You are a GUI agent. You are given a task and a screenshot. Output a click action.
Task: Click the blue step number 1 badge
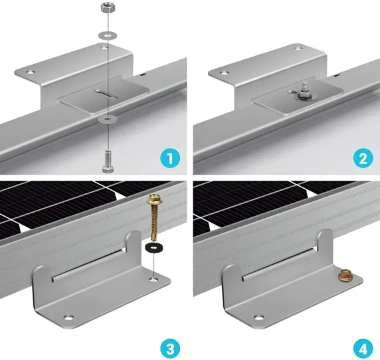(x=171, y=159)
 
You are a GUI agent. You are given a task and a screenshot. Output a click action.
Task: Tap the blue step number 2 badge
(x=363, y=159)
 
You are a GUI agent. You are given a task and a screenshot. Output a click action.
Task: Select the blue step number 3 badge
(x=171, y=349)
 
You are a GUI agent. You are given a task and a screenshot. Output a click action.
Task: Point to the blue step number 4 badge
(x=363, y=349)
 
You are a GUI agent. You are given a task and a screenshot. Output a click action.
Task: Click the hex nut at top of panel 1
(x=108, y=9)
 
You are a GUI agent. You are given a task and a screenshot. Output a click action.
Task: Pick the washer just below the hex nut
(x=107, y=35)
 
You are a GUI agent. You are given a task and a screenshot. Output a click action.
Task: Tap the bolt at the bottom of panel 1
(x=107, y=161)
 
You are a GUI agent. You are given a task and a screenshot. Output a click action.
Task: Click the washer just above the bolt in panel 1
(x=107, y=119)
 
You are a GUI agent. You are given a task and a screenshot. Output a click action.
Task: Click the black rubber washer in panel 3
(x=153, y=247)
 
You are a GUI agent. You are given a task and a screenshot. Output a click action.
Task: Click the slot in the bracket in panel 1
(x=107, y=94)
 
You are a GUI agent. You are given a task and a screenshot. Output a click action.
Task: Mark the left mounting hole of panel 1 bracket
(x=31, y=72)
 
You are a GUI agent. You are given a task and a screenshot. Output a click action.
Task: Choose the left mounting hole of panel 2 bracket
(x=225, y=73)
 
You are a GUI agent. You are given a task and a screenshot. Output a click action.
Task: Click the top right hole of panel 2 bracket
(x=298, y=49)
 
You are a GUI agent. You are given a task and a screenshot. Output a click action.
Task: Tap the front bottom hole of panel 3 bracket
(x=69, y=317)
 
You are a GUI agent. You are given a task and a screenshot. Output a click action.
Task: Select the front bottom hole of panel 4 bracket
(x=259, y=317)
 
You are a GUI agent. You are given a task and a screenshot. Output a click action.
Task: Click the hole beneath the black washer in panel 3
(x=153, y=279)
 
